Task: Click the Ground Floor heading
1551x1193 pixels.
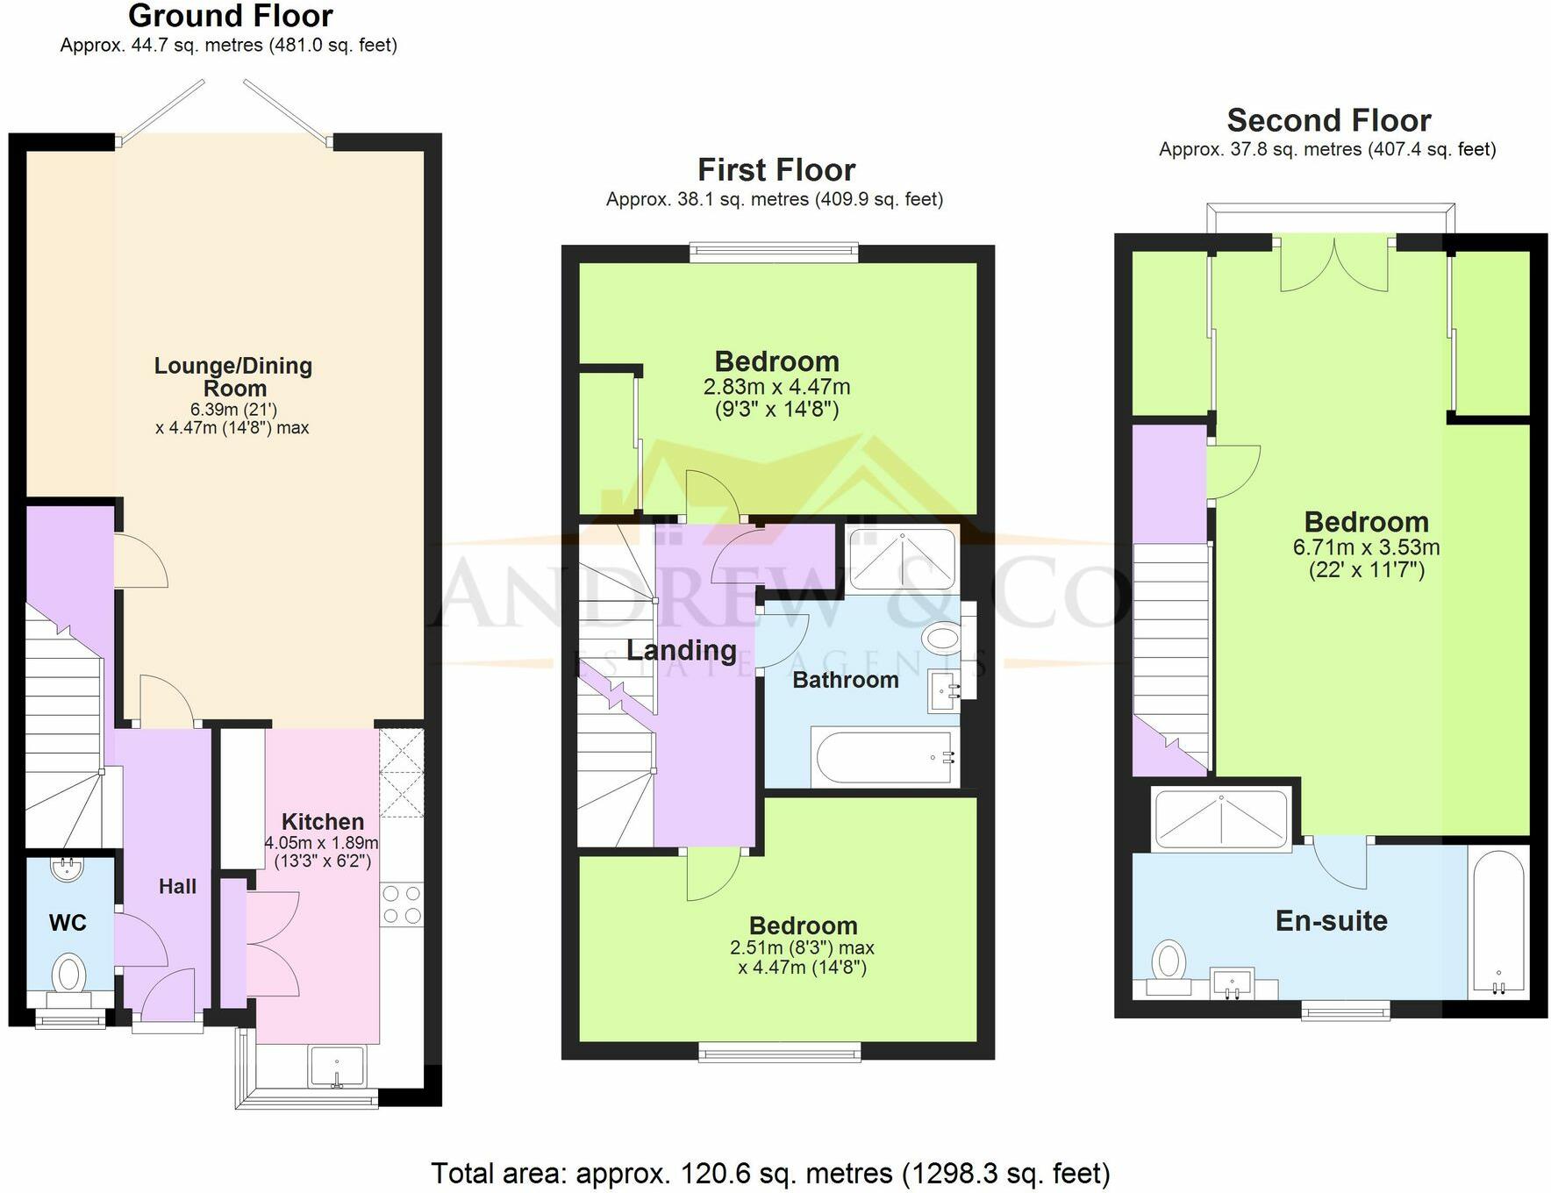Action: point(231,16)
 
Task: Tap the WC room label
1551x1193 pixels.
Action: point(68,922)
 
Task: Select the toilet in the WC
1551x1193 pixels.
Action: point(69,975)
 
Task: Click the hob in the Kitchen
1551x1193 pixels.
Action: point(402,905)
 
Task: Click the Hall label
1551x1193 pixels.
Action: point(177,887)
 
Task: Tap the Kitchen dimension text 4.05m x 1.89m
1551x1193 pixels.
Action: point(322,843)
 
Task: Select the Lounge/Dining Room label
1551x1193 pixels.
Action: point(233,377)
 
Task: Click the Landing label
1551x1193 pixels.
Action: point(682,650)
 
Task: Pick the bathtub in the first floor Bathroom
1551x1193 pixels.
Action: point(883,756)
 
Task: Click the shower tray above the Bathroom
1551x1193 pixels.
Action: point(902,559)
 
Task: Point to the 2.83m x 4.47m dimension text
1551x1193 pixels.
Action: point(776,387)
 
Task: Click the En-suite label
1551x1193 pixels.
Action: point(1331,920)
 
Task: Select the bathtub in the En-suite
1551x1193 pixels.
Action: point(1498,923)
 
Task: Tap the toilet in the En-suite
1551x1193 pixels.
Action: point(1169,965)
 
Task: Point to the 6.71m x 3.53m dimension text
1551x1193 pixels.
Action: point(1366,547)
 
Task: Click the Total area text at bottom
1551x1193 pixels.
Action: point(770,1173)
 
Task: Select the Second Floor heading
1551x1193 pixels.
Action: point(1328,120)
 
